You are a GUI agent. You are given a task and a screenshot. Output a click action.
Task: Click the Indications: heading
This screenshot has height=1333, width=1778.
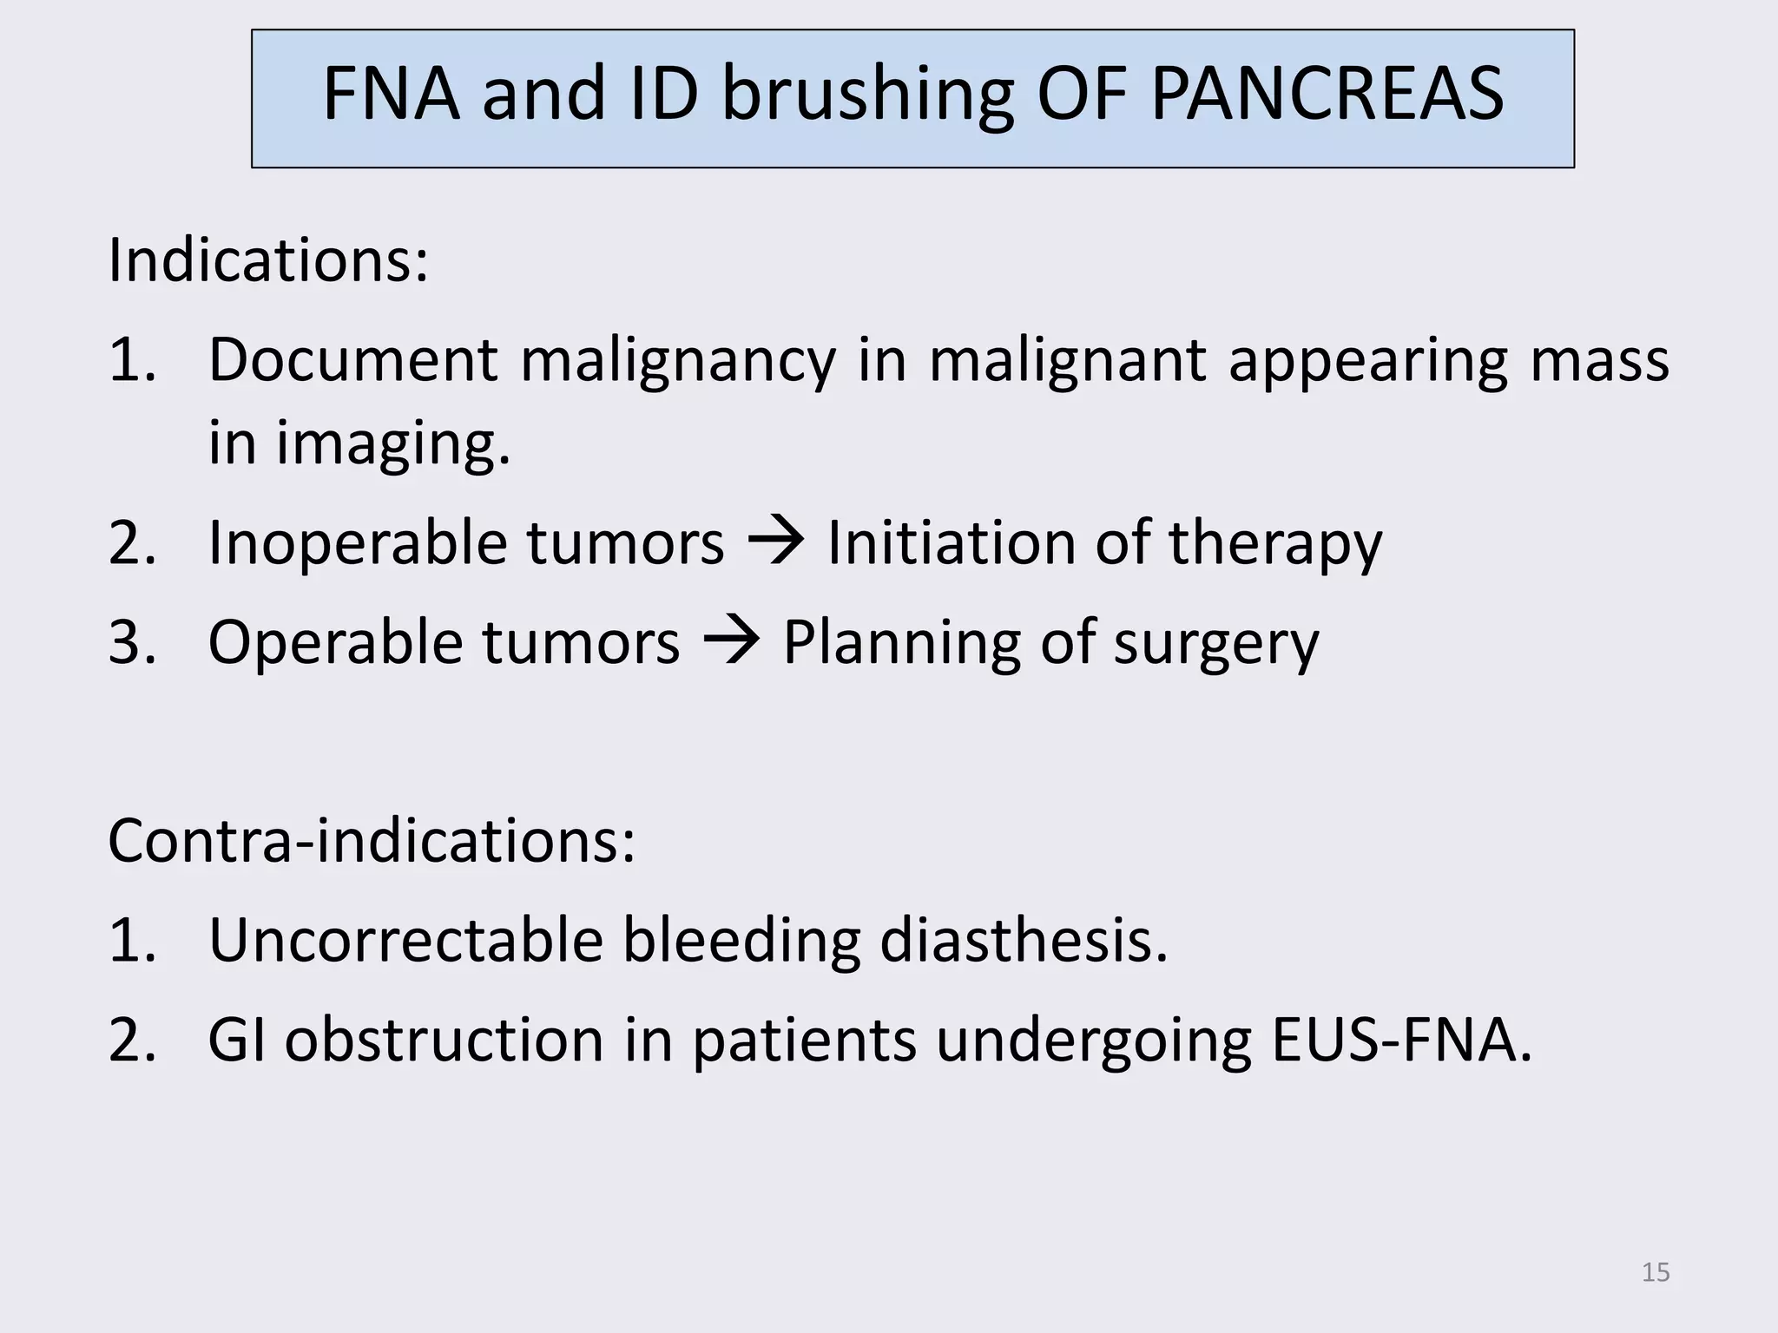tap(268, 259)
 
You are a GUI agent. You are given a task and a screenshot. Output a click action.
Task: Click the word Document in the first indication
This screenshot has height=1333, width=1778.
tap(352, 359)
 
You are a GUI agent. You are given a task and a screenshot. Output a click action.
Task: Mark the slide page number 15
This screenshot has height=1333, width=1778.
tap(1656, 1272)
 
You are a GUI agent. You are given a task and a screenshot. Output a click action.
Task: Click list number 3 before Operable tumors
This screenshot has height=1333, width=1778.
tap(132, 643)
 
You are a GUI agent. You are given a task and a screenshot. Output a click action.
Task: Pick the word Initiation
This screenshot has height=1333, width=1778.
tap(951, 543)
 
